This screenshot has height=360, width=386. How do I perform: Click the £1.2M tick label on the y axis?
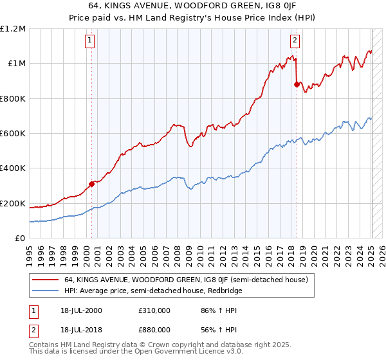pos(13,28)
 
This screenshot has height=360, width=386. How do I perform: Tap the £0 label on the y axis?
pos(21,238)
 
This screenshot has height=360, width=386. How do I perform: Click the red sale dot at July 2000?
pos(91,184)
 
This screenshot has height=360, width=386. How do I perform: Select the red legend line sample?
pos(44,280)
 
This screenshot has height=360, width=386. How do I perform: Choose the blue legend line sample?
pos(44,291)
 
